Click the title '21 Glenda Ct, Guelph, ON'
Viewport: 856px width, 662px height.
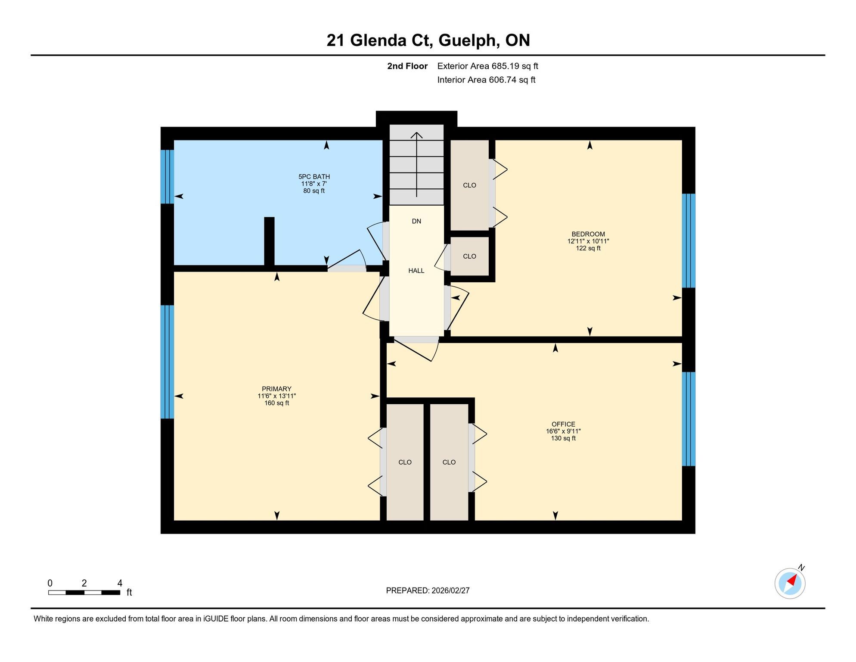[x=428, y=41]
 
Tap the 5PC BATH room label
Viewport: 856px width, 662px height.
[x=314, y=177]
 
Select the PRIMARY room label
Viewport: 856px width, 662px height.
[x=276, y=389]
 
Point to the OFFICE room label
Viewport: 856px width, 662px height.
[x=563, y=424]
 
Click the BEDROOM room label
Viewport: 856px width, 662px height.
[x=588, y=234]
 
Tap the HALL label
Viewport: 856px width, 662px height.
[x=416, y=271]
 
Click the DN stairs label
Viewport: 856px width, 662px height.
[x=416, y=222]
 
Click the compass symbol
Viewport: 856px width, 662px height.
[x=790, y=583]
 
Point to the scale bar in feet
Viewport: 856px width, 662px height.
[x=84, y=593]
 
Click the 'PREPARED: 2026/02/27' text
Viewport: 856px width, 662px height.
[x=428, y=590]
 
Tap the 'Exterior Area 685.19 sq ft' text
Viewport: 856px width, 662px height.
[x=487, y=66]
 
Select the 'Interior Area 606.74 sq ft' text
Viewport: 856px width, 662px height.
[x=486, y=80]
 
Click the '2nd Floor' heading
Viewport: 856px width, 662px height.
[x=407, y=66]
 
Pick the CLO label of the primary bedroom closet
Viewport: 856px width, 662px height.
[x=405, y=462]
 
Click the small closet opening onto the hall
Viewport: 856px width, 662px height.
[x=469, y=256]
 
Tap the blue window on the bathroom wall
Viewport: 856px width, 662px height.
[x=167, y=176]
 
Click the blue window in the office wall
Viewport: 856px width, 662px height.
[x=689, y=419]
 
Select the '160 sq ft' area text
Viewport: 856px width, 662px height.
[x=276, y=403]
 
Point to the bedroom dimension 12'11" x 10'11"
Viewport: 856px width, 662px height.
[x=588, y=241]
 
